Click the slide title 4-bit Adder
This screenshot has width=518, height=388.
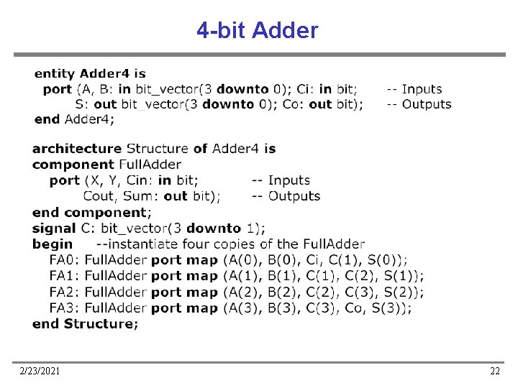click(x=257, y=31)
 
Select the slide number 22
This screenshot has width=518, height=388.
click(x=494, y=371)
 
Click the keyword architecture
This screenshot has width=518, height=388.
click(x=76, y=149)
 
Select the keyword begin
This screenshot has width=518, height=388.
click(x=53, y=244)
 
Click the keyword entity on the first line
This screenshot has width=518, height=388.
click(x=55, y=73)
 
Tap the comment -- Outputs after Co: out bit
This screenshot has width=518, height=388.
click(x=419, y=104)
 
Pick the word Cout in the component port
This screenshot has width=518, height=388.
click(x=99, y=196)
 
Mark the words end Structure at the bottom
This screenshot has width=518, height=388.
click(x=85, y=323)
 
